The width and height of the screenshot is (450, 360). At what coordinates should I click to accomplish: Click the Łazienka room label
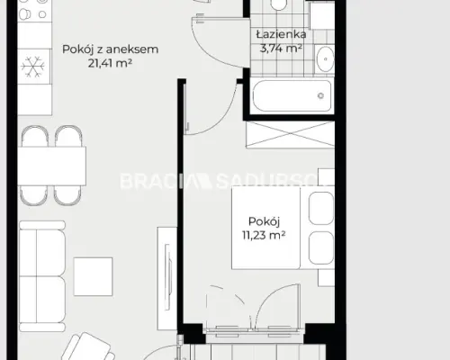pos(281,34)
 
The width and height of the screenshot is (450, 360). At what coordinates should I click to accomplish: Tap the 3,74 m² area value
pos(281,48)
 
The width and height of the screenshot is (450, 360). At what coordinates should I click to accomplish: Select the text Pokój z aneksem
pos(110,49)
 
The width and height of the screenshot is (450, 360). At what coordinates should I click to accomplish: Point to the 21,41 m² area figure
pos(110,63)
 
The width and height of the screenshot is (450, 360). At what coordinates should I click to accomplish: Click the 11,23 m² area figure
pos(264,235)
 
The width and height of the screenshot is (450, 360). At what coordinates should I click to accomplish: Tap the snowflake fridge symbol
pos(33,67)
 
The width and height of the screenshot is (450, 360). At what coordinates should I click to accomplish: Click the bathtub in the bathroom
pos(292,95)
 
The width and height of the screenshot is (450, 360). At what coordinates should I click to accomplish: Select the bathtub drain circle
pos(320,95)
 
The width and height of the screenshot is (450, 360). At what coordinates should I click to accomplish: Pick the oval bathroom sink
pos(326,58)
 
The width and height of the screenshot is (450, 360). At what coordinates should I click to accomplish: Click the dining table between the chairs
pos(51,166)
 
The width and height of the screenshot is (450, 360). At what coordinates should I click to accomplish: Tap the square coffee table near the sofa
pos(94,276)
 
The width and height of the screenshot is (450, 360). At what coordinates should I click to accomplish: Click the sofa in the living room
pos(42,276)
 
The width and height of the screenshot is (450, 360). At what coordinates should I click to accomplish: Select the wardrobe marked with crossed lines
pos(290,134)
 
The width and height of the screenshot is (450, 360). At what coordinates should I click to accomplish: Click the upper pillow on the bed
pos(321,208)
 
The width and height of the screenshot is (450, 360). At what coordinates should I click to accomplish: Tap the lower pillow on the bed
pos(321,247)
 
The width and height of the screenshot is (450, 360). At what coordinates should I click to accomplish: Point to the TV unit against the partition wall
pos(167,278)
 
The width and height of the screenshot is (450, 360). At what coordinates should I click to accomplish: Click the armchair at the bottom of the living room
pos(88,348)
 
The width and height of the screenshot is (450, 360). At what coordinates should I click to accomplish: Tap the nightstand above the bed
pos(326,177)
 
